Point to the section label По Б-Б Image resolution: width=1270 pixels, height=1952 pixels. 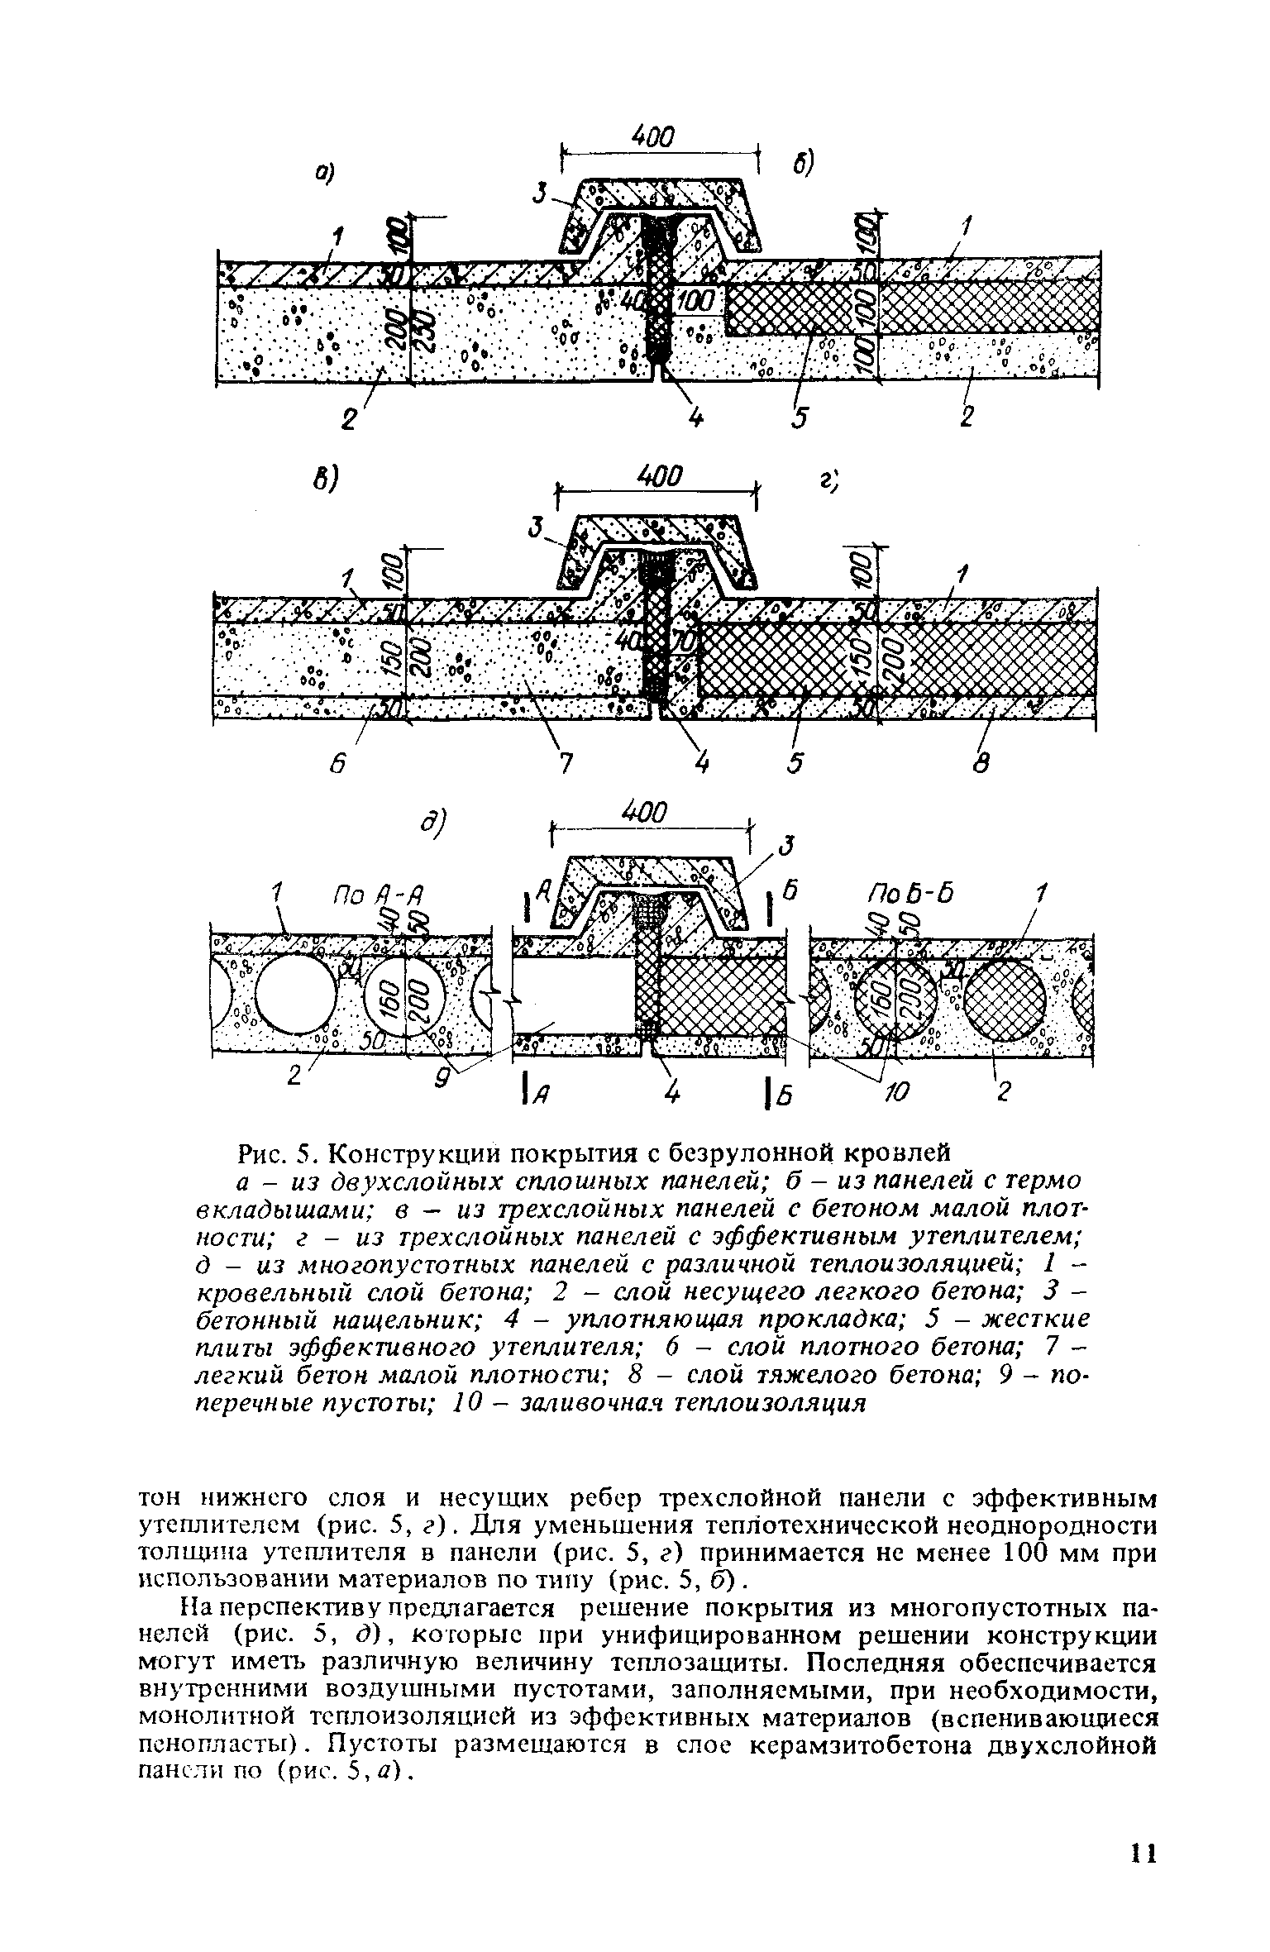tap(907, 894)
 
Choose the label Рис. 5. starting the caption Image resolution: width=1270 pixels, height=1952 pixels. tap(273, 1152)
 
